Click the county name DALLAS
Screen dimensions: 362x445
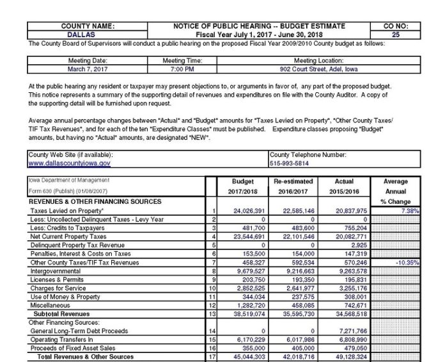coord(87,35)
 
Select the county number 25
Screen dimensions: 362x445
coord(395,35)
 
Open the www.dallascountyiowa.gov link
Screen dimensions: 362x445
coord(69,163)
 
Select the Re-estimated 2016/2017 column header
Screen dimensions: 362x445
coord(292,186)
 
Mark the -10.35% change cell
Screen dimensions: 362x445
coord(406,263)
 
